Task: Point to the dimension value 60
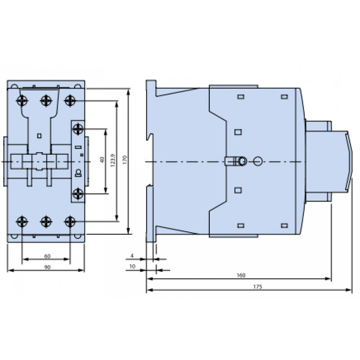47,256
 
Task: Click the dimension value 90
47,266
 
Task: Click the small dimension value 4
132,256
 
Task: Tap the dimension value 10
132,266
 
